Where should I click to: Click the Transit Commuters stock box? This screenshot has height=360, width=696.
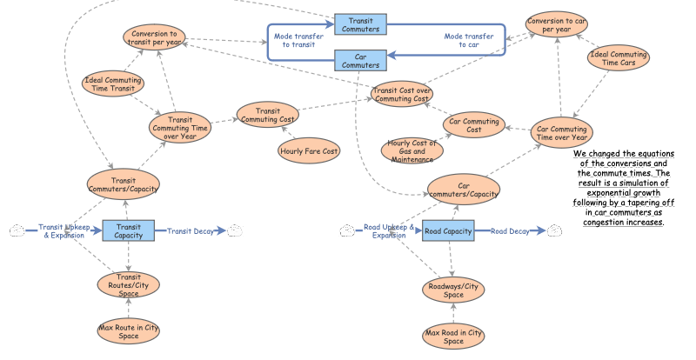click(x=359, y=24)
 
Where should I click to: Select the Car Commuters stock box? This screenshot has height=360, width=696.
click(x=359, y=59)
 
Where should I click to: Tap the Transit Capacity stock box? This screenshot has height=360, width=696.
click(x=128, y=230)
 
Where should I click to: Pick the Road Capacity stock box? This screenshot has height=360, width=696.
click(x=448, y=230)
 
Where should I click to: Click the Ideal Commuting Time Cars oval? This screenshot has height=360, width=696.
click(x=618, y=60)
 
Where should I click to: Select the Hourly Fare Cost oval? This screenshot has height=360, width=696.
click(x=309, y=151)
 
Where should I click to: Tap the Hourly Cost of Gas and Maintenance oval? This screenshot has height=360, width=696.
click(x=412, y=149)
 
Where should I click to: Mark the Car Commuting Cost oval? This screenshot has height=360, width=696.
click(x=474, y=125)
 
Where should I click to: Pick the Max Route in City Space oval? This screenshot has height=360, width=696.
click(x=128, y=331)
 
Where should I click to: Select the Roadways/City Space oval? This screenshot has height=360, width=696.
click(x=453, y=290)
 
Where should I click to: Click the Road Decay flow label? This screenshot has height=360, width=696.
click(x=509, y=230)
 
